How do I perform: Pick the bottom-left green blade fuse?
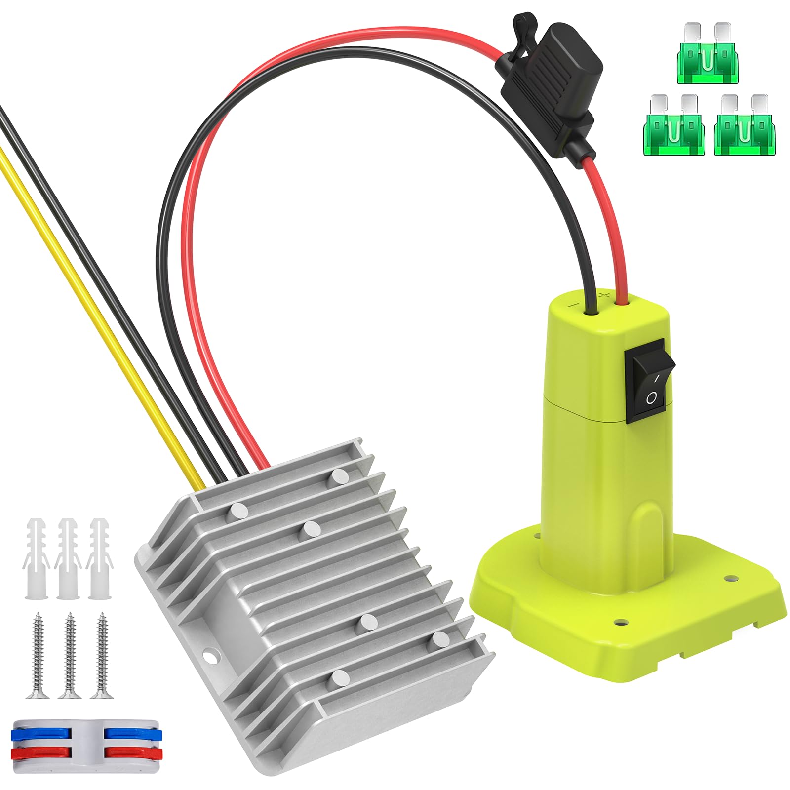674,126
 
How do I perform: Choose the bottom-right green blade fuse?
745,126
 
